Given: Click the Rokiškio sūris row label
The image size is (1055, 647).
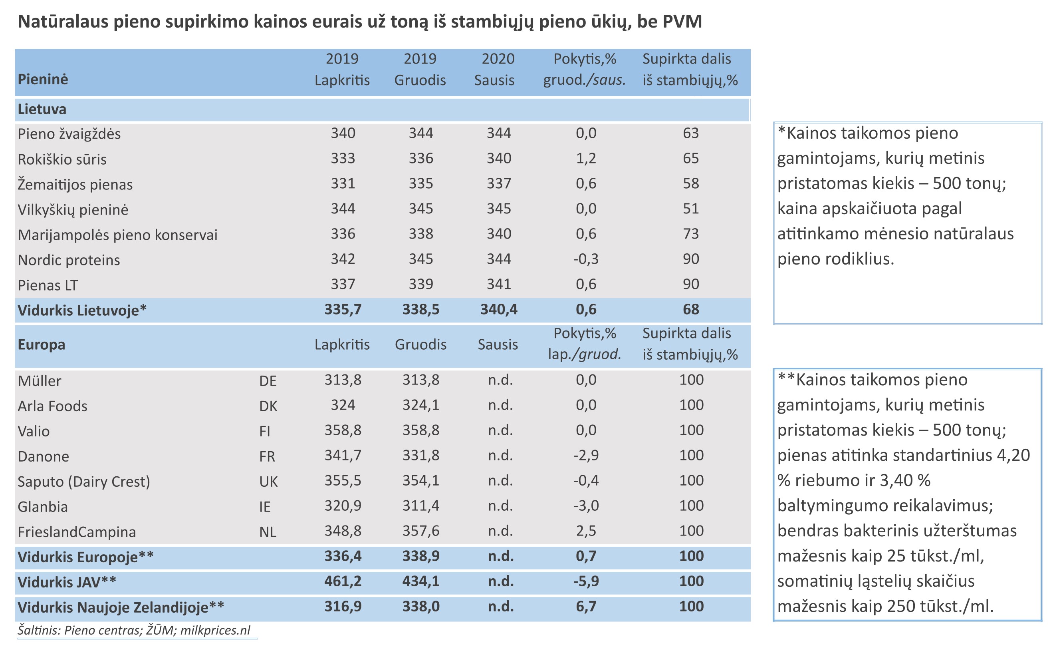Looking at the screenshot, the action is click(x=62, y=159).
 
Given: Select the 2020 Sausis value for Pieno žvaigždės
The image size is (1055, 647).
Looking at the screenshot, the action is click(x=499, y=133).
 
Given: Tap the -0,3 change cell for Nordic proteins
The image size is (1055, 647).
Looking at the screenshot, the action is click(x=586, y=259).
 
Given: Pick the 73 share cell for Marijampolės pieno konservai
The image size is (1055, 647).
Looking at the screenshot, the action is click(x=691, y=234).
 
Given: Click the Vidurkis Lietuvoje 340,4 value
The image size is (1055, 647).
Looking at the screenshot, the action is click(x=499, y=309).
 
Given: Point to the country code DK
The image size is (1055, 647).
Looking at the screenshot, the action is click(x=268, y=406).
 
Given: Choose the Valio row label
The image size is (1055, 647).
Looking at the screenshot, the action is click(x=34, y=431).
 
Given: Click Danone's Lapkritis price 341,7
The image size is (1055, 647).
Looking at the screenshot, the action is click(x=343, y=456).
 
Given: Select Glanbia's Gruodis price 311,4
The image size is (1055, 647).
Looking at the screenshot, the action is click(x=420, y=506).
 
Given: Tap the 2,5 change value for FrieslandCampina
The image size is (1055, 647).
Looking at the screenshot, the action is click(x=586, y=532).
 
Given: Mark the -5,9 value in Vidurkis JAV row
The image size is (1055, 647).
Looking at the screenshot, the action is click(x=586, y=581).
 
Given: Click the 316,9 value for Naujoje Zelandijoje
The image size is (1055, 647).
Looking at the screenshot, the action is click(x=343, y=607).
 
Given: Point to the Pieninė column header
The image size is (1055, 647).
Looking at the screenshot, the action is click(x=43, y=80).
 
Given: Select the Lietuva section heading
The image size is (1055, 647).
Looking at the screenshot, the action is click(x=42, y=109).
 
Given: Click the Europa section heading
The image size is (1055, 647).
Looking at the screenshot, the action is click(x=42, y=345).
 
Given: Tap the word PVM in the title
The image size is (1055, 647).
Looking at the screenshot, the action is click(x=682, y=22).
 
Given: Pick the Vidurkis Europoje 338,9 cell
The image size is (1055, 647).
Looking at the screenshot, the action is click(x=420, y=557).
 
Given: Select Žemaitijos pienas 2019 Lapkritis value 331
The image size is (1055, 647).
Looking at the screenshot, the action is click(x=343, y=184).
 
